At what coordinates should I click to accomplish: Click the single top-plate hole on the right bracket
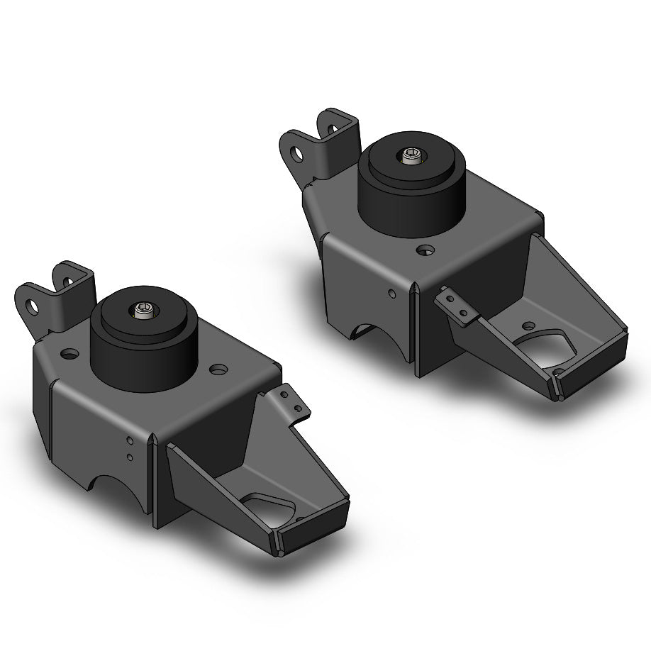tap(425, 250)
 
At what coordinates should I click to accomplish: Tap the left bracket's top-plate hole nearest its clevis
tap(70, 352)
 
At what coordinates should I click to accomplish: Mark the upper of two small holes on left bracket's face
tap(129, 442)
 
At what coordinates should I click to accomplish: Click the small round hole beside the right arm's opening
tap(528, 325)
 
